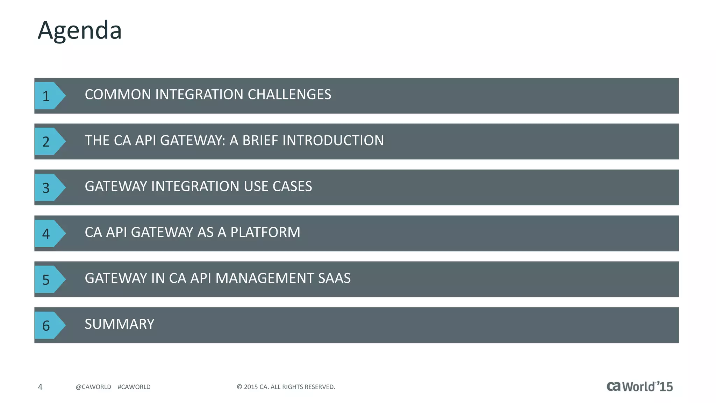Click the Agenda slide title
pyautogui.click(x=80, y=30)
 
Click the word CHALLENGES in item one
pyautogui.click(x=289, y=94)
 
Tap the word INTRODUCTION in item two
pyautogui.click(x=333, y=140)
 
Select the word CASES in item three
pyautogui.click(x=292, y=186)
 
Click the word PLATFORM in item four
pyautogui.click(x=265, y=232)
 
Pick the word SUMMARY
pyautogui.click(x=119, y=324)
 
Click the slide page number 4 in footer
pyautogui.click(x=40, y=387)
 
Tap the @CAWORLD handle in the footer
pyautogui.click(x=93, y=387)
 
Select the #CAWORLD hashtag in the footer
pyautogui.click(x=134, y=387)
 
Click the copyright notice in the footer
pyautogui.click(x=286, y=387)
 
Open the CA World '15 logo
pyautogui.click(x=639, y=386)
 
